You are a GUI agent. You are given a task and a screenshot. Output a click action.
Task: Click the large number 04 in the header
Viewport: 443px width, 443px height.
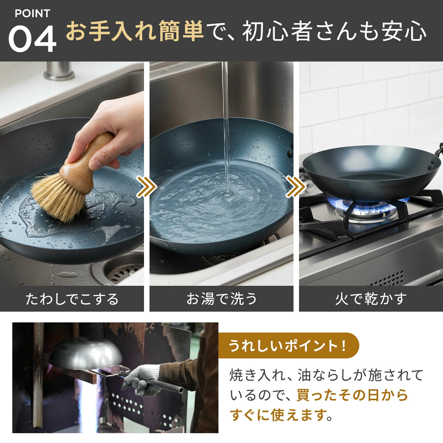coord(32,38)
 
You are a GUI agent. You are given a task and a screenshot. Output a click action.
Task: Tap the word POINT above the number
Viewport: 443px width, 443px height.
coord(32,14)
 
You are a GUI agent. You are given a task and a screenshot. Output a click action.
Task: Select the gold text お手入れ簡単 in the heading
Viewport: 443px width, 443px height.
coord(135,31)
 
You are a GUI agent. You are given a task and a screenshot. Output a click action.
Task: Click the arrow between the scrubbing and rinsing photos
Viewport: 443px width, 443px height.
coord(146,186)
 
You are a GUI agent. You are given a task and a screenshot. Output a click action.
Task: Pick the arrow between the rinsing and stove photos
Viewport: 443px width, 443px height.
coord(296,186)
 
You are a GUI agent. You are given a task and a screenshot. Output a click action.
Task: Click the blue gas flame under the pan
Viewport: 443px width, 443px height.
coord(368,205)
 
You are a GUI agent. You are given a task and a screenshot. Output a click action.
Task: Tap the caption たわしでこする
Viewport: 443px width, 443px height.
coord(72,299)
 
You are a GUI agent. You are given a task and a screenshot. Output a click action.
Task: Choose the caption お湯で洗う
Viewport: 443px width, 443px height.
coord(221,299)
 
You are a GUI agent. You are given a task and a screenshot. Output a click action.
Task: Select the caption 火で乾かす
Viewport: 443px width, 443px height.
coord(371,299)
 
